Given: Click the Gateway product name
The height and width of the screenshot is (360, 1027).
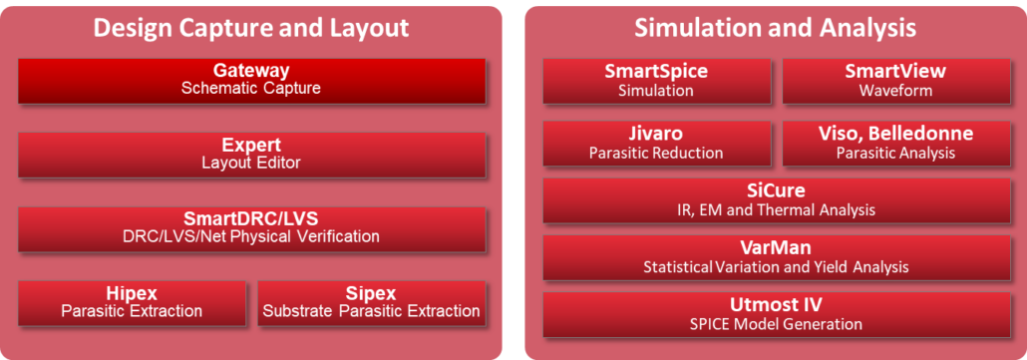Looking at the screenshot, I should click(x=251, y=71).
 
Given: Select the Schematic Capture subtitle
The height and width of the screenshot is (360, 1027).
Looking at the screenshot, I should click(x=251, y=89).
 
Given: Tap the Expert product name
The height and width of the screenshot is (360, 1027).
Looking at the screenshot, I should click(x=251, y=145).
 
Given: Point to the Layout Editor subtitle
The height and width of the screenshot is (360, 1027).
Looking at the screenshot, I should click(x=251, y=163).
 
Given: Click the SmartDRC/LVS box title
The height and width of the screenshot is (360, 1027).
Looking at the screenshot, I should click(x=251, y=218).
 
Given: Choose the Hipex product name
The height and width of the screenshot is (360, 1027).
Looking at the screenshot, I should click(x=132, y=293).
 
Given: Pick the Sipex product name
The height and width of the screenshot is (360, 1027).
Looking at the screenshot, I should click(x=371, y=293).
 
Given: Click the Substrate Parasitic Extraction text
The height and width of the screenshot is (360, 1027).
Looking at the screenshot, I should click(x=371, y=311).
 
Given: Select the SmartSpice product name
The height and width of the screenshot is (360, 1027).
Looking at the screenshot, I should click(x=655, y=72).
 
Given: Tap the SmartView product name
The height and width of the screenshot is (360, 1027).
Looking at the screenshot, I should click(x=894, y=72).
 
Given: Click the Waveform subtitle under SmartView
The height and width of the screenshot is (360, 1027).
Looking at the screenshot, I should click(x=894, y=91).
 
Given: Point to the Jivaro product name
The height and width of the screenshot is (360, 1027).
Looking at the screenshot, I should click(x=655, y=134).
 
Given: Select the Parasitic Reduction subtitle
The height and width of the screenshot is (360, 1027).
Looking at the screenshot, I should click(x=655, y=153).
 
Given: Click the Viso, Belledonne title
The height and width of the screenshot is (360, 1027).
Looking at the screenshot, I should click(x=894, y=134).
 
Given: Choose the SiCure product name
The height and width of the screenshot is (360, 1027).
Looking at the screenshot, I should click(x=775, y=190).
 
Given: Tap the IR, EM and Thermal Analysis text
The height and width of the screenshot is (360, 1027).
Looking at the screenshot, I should click(x=775, y=209).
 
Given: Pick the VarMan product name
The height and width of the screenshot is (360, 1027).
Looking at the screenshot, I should click(x=775, y=248).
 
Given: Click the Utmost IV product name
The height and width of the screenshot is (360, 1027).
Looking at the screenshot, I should click(x=775, y=305).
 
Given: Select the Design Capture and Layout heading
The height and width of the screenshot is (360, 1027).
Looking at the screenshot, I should click(x=251, y=27).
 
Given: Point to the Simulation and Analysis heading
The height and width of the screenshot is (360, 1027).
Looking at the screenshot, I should click(x=775, y=27).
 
